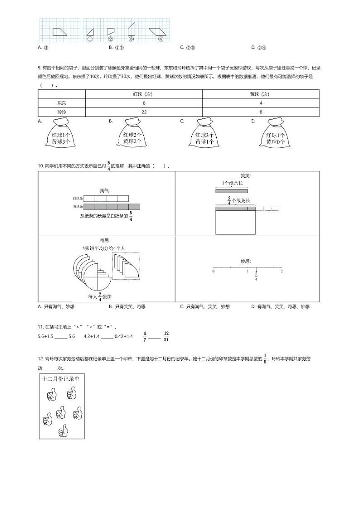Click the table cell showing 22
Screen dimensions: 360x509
[144, 111]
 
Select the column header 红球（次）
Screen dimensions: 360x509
[144, 94]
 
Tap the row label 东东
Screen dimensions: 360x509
[62, 103]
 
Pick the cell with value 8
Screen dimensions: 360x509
[261, 111]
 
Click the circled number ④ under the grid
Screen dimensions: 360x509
[161, 39]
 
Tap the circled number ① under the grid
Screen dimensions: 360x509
[90, 39]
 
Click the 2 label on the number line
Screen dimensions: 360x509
[282, 271]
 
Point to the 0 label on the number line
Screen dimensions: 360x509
[214, 271]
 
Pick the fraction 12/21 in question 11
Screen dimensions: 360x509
[166, 336]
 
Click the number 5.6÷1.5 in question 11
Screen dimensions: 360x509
[46, 336]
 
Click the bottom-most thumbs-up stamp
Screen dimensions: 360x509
[63, 430]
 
